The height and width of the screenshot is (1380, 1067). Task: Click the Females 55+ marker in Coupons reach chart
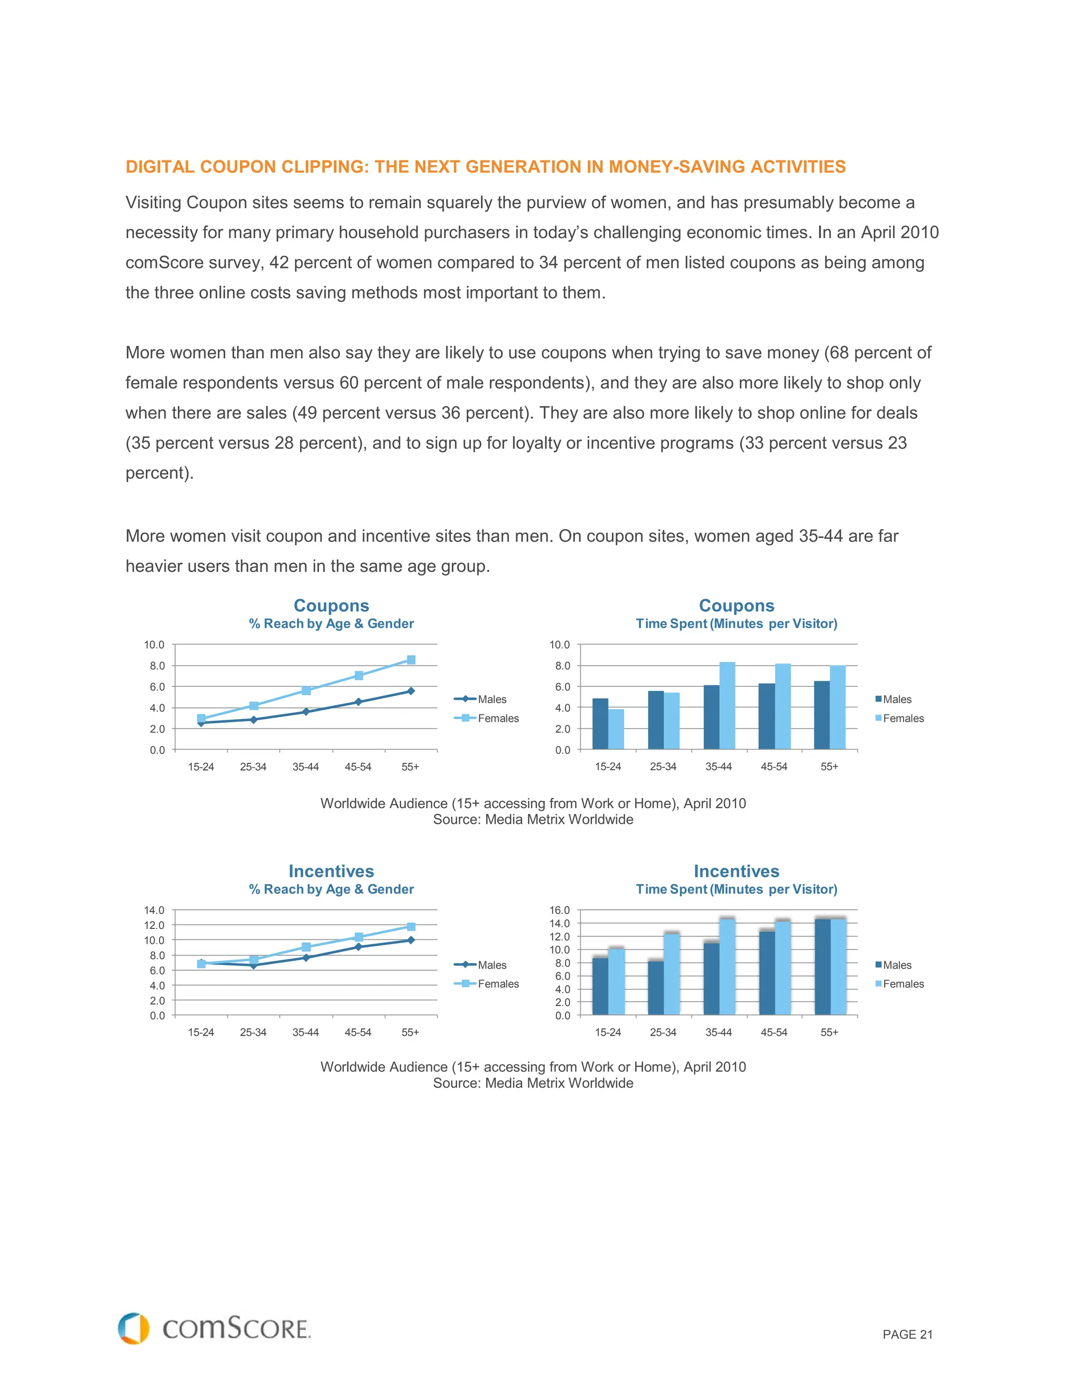coord(411,660)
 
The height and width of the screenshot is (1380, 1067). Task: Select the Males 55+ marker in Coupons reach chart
coord(411,691)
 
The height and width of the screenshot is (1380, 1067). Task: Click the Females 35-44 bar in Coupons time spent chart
coord(727,706)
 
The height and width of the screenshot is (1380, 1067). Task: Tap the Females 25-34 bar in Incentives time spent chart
coord(671,974)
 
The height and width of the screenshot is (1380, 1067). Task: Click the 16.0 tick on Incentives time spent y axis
coord(560,910)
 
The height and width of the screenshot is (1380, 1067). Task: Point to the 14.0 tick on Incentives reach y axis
coord(154,910)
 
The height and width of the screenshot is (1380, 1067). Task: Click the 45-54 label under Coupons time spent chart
coord(774,767)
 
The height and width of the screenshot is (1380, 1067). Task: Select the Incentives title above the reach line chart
coord(331,871)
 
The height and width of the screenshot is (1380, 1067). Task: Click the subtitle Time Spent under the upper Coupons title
coord(671,624)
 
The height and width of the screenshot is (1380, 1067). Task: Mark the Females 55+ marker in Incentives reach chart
coord(411,926)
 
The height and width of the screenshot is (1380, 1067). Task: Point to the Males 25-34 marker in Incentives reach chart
coord(254,965)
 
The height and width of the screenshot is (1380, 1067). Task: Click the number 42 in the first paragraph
coord(279,263)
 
